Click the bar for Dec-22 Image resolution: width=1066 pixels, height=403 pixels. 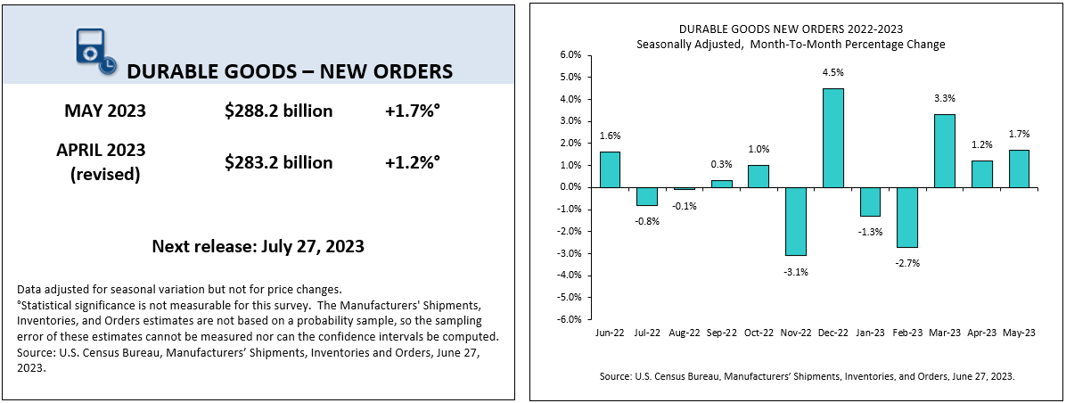click(x=832, y=138)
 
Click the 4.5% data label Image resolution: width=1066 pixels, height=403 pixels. click(x=833, y=74)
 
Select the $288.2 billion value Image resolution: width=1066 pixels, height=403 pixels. click(x=279, y=111)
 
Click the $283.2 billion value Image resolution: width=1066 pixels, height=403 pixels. click(x=279, y=162)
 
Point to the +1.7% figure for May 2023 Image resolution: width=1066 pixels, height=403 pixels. click(x=413, y=111)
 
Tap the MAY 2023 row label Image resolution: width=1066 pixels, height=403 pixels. click(x=105, y=111)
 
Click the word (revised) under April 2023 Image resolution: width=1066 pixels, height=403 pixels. click(x=105, y=174)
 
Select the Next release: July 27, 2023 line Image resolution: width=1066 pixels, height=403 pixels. click(x=258, y=246)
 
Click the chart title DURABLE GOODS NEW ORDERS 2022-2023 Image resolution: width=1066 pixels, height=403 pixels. click(x=791, y=29)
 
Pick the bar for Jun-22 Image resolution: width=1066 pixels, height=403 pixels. click(x=611, y=169)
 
